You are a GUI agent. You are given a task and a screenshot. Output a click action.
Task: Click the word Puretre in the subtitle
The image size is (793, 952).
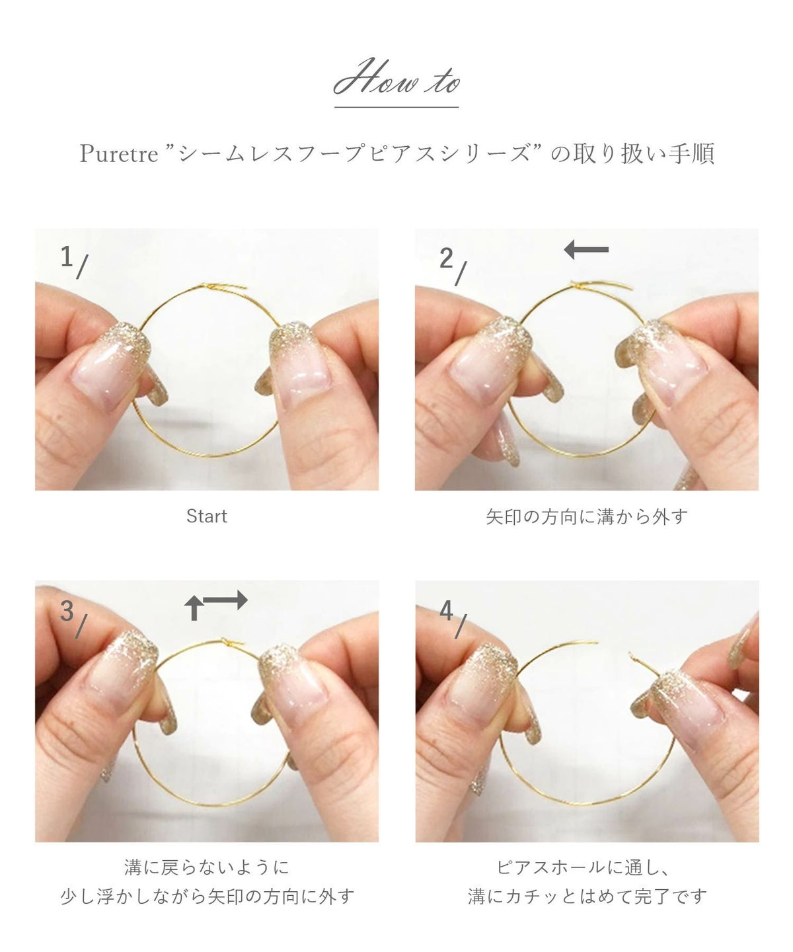pos(119,154)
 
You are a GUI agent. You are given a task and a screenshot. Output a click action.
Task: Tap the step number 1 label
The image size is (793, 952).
pos(66,256)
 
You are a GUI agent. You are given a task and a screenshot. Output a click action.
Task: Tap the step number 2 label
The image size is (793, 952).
pos(447,258)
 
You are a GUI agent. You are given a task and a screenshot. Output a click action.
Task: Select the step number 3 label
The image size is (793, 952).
pos(66,611)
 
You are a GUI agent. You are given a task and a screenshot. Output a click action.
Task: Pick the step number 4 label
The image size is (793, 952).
pos(447,611)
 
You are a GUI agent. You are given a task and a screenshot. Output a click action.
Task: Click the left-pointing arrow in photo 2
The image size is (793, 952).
pos(586,250)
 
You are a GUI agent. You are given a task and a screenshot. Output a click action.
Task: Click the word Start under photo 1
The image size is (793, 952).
pos(206,516)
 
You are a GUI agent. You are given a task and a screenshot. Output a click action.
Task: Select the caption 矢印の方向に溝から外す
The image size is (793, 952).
pos(586,516)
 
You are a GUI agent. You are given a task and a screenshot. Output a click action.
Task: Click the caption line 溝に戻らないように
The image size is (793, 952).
pos(206,867)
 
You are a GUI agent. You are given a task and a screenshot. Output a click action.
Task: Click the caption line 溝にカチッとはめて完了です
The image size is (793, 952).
pos(587,896)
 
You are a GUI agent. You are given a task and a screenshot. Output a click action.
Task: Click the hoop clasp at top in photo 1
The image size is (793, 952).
pos(210,286)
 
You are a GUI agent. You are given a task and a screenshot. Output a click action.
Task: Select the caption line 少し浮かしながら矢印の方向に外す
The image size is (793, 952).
pos(207,896)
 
